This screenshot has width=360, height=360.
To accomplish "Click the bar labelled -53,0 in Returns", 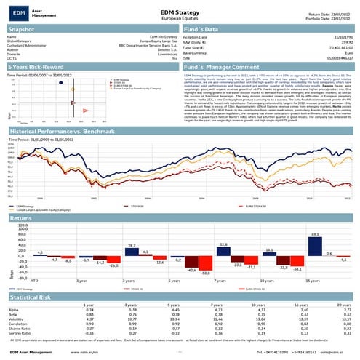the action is [x=207, y=263].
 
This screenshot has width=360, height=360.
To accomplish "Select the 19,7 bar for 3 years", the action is [x=131, y=252].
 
